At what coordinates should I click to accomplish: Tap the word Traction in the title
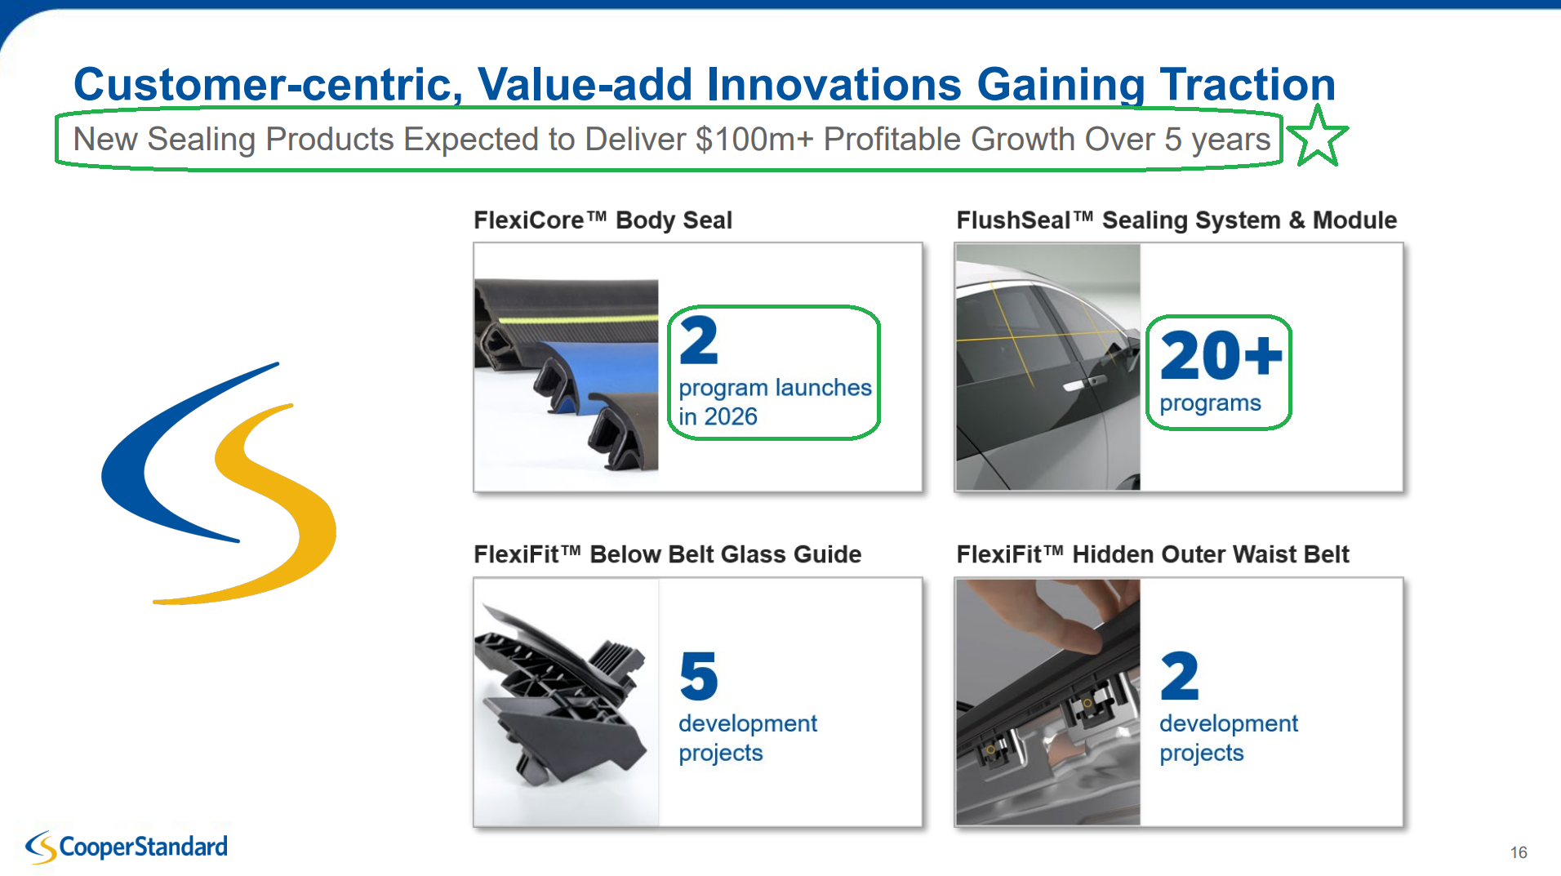[x=1247, y=84]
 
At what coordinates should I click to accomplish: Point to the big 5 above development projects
[x=699, y=676]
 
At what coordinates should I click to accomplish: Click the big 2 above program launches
[x=699, y=340]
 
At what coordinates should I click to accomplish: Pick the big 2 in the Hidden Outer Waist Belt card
[x=1180, y=676]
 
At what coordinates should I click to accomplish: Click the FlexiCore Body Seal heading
[x=603, y=220]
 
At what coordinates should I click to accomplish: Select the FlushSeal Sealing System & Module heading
[x=1176, y=220]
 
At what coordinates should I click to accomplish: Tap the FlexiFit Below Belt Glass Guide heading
[x=667, y=554]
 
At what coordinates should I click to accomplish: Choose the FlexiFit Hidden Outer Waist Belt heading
[x=1153, y=554]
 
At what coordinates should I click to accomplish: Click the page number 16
[x=1519, y=852]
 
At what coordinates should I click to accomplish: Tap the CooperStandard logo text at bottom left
[x=144, y=847]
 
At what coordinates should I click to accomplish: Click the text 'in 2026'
[x=718, y=416]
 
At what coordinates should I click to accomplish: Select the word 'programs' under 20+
[x=1210, y=403]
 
